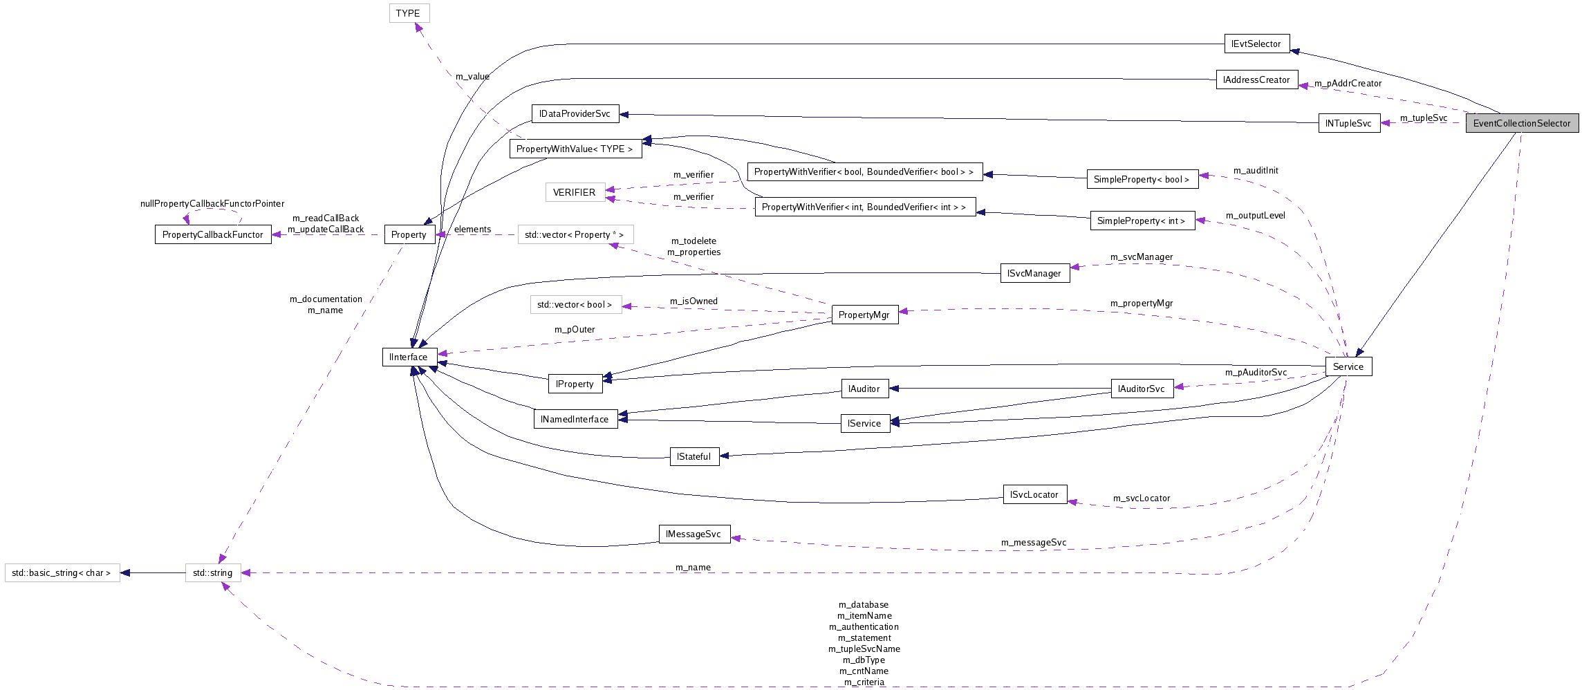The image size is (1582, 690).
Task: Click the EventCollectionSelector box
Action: click(x=1522, y=123)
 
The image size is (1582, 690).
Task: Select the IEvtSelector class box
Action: click(x=1256, y=44)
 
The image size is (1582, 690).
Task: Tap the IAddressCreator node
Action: click(x=1256, y=80)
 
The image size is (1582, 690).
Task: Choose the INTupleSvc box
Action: click(x=1348, y=123)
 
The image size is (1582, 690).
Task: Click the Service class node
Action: click(x=1348, y=366)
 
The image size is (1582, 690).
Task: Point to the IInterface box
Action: click(x=409, y=357)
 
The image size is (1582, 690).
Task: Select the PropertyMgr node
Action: click(x=864, y=315)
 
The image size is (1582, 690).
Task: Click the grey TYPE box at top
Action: click(x=409, y=13)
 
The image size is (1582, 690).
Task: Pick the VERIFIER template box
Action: click(x=575, y=192)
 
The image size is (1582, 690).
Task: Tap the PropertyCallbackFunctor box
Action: click(x=213, y=234)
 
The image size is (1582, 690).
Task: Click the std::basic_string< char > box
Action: click(x=62, y=572)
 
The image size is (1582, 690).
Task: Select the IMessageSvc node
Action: click(x=694, y=534)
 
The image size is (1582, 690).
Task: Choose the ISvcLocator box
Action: click(x=1034, y=494)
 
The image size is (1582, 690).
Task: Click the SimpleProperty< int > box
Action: click(x=1141, y=221)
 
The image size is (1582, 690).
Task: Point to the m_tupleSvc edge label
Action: click(x=1423, y=118)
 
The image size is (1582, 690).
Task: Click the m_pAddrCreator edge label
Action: click(x=1348, y=84)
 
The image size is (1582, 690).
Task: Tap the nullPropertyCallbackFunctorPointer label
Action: click(x=212, y=203)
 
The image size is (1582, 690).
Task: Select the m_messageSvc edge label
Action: click(x=1033, y=542)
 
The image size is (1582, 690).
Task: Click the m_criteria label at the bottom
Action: click(x=864, y=682)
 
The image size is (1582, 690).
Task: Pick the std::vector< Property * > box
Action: click(x=575, y=234)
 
